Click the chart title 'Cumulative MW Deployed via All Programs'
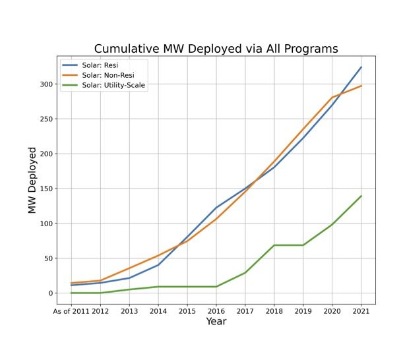[216, 49]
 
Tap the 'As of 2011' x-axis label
[70, 311]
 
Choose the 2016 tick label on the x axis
[216, 311]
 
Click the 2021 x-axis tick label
[361, 311]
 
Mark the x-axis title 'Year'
[216, 322]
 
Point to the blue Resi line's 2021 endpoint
[361, 67]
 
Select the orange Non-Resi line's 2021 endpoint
[361, 86]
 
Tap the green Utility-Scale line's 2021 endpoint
[361, 196]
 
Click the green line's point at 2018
[274, 245]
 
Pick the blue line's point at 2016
[216, 208]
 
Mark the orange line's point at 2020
[332, 98]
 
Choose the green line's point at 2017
[245, 272]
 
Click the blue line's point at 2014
[158, 264]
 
